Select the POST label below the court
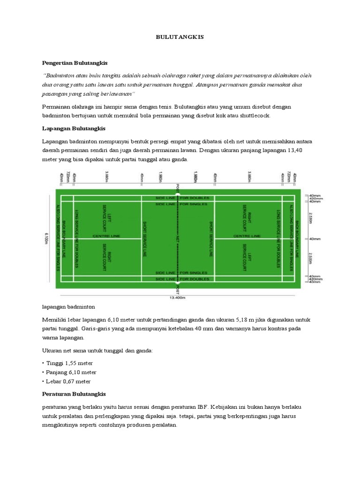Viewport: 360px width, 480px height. tap(177, 291)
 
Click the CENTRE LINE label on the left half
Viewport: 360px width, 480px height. tap(104, 235)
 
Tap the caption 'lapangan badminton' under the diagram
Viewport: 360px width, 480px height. tap(68, 307)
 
